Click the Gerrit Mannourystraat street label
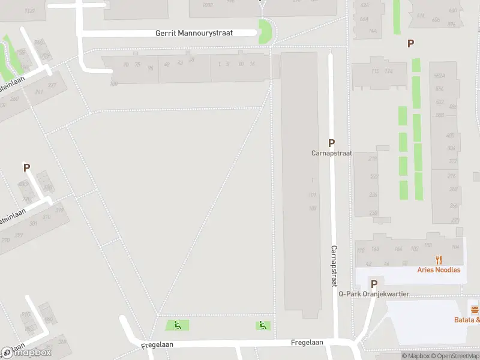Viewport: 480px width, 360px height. (194, 33)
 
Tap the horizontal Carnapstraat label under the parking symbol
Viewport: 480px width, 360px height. (331, 153)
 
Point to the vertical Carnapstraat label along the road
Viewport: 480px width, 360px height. (334, 266)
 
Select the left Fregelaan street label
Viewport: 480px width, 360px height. (157, 346)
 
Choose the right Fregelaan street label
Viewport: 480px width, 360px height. (308, 343)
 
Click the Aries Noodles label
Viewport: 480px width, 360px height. (439, 270)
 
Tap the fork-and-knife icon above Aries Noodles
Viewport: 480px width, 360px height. (439, 260)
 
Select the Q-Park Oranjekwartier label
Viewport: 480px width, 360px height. (373, 294)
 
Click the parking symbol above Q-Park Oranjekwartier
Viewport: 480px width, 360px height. (374, 284)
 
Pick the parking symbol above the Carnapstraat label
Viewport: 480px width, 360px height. (331, 143)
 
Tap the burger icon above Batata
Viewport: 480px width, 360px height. (475, 310)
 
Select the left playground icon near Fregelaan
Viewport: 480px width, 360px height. (177, 325)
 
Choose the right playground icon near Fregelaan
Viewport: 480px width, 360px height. (262, 325)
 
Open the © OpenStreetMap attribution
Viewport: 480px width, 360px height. (456, 356)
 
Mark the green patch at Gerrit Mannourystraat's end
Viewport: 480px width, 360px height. (263, 31)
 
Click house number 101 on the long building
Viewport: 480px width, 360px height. (312, 195)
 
